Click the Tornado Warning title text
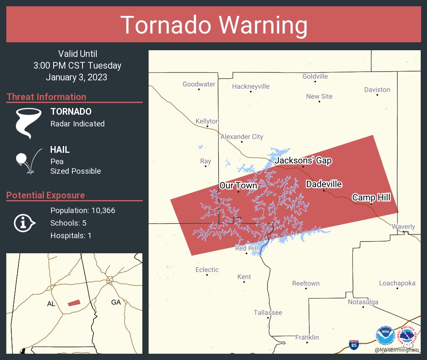pos(213,25)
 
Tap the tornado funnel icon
pos(28,123)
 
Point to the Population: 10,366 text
pos(82,211)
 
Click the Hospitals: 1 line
pos(71,236)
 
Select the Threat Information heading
pos(46,97)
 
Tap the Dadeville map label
pos(324,184)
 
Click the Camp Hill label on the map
pos(371,198)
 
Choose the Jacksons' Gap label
pos(304,161)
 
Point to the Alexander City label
pos(242,137)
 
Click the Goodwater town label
pos(199,84)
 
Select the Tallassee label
pos(268,313)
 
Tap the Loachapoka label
pos(397,283)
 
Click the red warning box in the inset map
pos(74,303)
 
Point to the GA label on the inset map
pos(116,302)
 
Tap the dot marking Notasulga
pos(363,307)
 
